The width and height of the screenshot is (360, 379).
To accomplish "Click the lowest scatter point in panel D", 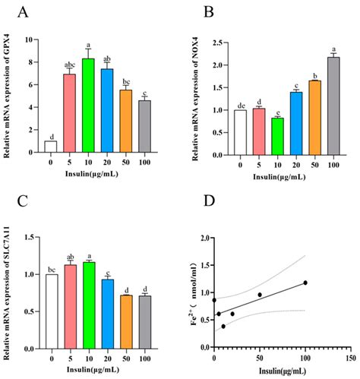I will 223,326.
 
